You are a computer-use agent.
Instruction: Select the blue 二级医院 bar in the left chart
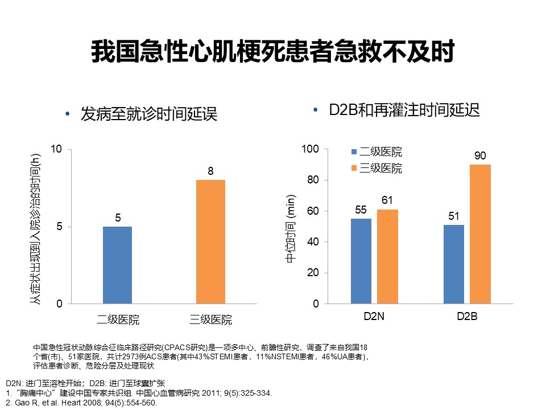[117, 265]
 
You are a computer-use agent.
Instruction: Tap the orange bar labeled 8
[210, 241]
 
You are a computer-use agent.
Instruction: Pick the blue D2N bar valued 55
[361, 261]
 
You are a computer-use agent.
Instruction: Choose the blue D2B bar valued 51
[453, 264]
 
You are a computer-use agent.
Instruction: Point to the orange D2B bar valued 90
[480, 234]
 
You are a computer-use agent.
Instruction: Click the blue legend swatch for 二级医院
[353, 153]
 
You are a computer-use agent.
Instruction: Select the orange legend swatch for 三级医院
[353, 169]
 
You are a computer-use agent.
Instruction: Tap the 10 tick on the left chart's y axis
[56, 149]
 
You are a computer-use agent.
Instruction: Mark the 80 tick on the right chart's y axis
[313, 180]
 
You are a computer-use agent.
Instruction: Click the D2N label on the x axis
[374, 317]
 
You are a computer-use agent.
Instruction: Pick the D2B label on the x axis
[467, 317]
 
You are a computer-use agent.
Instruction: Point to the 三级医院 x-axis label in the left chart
[210, 319]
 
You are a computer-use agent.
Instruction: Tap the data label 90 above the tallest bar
[480, 156]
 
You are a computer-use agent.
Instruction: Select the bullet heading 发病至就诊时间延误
[149, 114]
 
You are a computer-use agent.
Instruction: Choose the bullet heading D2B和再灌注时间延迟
[404, 110]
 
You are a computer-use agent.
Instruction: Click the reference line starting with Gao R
[80, 403]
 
